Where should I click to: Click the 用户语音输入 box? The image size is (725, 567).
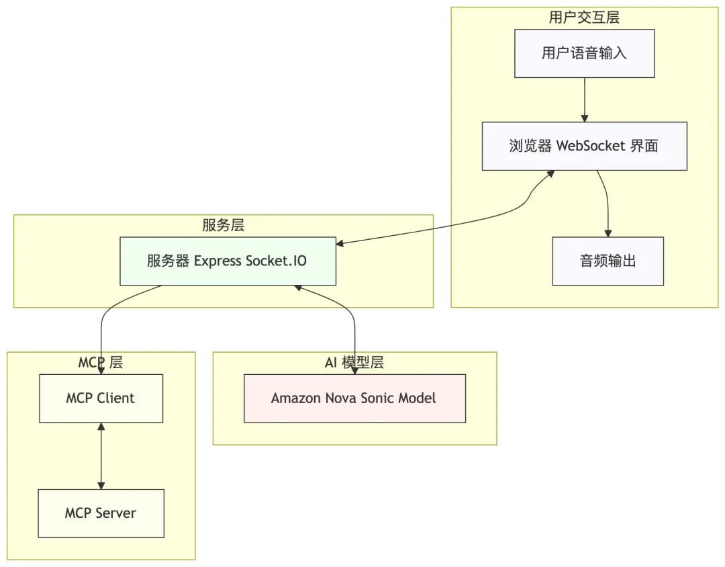click(x=584, y=53)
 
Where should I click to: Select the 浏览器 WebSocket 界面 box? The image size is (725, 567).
click(x=584, y=146)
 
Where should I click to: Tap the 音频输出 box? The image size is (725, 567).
click(x=608, y=261)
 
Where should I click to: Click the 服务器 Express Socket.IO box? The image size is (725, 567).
click(x=227, y=261)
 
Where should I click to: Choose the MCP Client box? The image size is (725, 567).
click(x=101, y=398)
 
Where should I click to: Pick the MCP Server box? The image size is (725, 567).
click(x=101, y=513)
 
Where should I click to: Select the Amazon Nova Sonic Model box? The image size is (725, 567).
click(x=354, y=398)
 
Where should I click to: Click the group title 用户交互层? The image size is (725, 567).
click(x=584, y=17)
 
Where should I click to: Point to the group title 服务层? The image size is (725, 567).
click(x=223, y=225)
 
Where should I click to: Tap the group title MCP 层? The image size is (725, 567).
click(x=101, y=363)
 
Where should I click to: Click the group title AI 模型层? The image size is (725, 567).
click(x=354, y=363)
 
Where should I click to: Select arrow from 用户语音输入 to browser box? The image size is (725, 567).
click(x=584, y=99)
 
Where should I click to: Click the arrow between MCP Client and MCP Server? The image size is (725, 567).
click(x=101, y=455)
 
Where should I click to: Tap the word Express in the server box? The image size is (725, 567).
click(x=217, y=261)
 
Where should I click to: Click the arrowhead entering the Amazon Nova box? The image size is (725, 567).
click(x=354, y=370)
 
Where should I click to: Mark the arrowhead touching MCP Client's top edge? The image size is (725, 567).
click(x=101, y=370)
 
